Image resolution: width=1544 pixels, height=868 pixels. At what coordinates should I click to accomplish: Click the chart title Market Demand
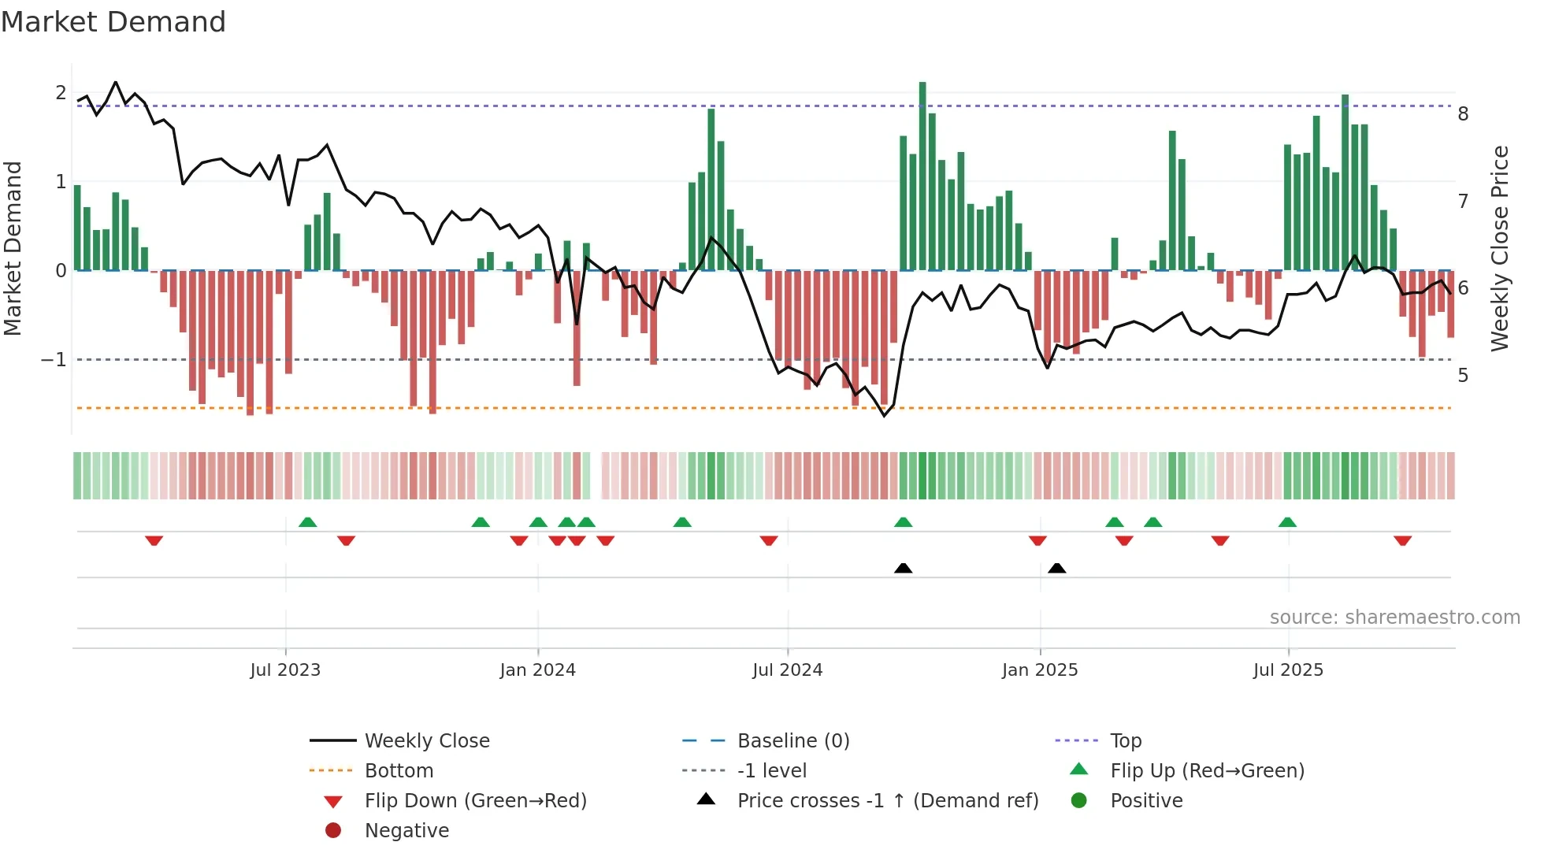(113, 22)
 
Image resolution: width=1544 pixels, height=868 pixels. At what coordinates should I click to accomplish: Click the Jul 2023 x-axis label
(285, 670)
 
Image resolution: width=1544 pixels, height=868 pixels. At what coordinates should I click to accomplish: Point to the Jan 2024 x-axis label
(537, 670)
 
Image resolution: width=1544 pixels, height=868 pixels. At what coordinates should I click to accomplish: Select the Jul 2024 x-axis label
(787, 670)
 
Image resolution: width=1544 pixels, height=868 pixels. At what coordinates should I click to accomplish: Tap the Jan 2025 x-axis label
(1040, 670)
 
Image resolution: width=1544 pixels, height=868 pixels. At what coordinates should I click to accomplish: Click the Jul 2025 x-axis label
(1288, 670)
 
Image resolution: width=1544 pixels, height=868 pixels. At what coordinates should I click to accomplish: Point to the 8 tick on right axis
(1463, 114)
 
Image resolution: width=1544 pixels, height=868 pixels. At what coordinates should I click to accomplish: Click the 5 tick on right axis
(1463, 376)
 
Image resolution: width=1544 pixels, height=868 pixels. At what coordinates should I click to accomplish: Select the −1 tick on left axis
(54, 360)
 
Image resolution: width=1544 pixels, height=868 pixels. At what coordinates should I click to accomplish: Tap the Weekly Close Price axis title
(1500, 248)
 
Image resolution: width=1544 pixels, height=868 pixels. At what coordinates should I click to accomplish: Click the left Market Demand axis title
(13, 248)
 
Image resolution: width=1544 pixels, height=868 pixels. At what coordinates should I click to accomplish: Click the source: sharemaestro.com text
(1394, 618)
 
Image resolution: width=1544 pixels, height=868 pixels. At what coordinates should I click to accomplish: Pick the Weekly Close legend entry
(426, 741)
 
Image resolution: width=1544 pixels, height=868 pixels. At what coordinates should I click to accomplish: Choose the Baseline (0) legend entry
(792, 741)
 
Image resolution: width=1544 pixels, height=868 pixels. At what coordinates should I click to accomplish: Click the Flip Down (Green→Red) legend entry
(475, 801)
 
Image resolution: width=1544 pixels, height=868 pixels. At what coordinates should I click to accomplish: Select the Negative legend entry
(406, 831)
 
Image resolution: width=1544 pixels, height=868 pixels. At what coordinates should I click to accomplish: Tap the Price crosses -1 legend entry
(887, 801)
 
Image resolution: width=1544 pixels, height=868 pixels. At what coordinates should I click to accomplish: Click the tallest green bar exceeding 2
(922, 173)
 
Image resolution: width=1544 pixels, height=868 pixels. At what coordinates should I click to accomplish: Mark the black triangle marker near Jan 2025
(1057, 569)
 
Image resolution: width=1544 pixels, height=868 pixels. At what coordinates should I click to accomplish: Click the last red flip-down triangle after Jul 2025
(1402, 541)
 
